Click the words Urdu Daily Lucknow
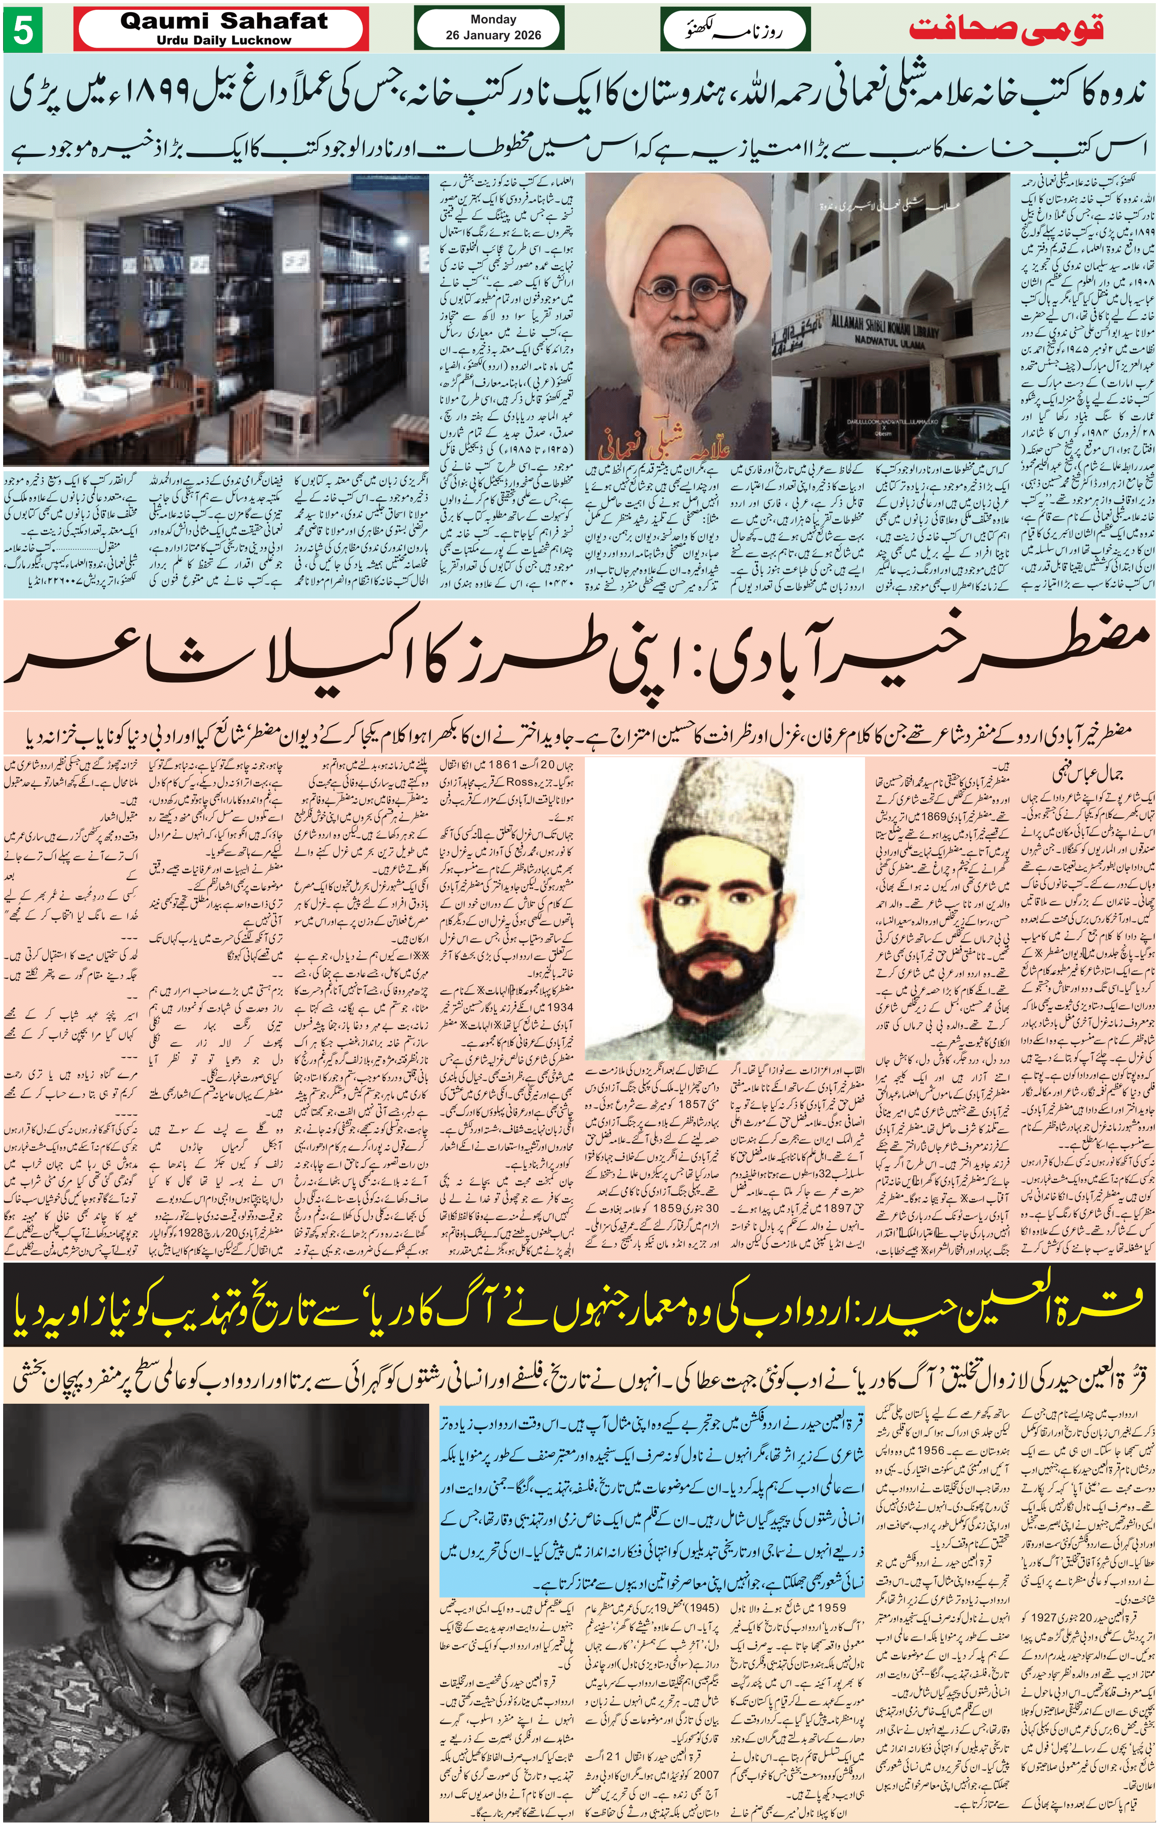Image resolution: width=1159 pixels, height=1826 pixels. pos(224,40)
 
